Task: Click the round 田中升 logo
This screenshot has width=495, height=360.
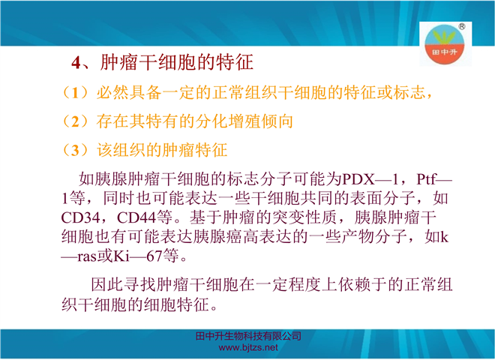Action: (x=444, y=44)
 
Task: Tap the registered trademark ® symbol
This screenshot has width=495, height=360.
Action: (x=461, y=26)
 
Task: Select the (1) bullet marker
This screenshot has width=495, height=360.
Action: (x=75, y=92)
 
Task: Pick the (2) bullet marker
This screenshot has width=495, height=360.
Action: (x=75, y=121)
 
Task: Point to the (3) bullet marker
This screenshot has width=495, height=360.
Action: (x=75, y=150)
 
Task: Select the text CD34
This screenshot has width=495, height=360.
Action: (x=80, y=217)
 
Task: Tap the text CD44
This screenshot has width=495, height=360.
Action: (x=136, y=217)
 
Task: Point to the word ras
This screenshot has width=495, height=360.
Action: (x=86, y=256)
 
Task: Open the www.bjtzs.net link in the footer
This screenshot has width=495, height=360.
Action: (x=248, y=348)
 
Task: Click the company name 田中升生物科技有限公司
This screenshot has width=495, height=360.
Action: (x=248, y=336)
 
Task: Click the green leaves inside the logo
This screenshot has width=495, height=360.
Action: (x=444, y=37)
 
